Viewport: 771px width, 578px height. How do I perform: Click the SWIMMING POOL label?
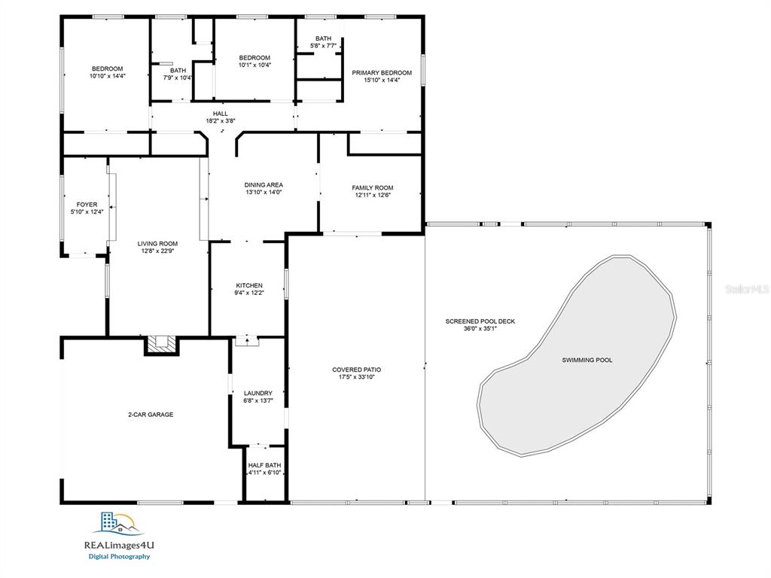[587, 360]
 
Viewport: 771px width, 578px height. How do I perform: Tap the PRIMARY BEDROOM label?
[382, 73]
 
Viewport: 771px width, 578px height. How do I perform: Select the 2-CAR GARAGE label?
[151, 415]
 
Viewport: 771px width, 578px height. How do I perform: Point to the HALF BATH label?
[264, 465]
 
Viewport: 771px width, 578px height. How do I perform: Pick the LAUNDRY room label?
[258, 393]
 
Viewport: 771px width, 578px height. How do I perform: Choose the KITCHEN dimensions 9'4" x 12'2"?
[249, 293]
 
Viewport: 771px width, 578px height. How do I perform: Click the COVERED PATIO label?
[356, 370]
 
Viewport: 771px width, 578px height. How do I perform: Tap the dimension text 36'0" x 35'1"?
[480, 329]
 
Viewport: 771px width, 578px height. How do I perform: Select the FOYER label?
[87, 205]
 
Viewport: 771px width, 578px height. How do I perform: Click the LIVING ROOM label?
[157, 244]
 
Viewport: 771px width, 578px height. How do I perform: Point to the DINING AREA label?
[264, 185]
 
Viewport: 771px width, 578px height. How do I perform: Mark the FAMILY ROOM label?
[372, 187]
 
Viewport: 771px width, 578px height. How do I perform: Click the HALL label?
[221, 114]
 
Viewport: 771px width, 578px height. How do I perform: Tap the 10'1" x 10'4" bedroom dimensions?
[254, 65]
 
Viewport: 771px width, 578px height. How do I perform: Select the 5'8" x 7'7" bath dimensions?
[323, 46]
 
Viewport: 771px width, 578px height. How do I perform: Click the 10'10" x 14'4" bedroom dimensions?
[108, 76]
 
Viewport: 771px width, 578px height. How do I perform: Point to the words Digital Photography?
[119, 557]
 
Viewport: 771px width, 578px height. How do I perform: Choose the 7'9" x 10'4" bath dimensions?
[178, 78]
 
